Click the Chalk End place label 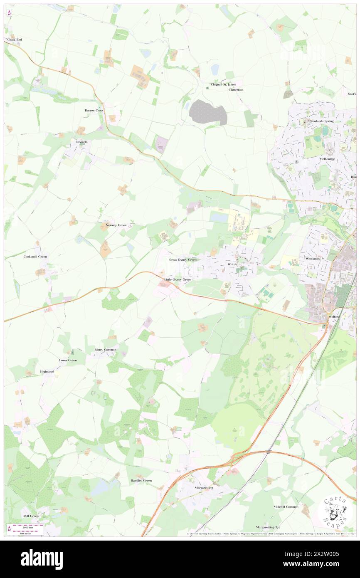(x=14, y=40)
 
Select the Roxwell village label (x=81, y=142)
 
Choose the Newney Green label (x=116, y=225)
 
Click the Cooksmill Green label (x=35, y=257)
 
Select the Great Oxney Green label (x=182, y=259)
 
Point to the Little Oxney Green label (x=178, y=279)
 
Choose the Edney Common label (x=105, y=350)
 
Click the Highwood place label (x=47, y=371)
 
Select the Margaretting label (x=204, y=487)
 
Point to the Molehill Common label (x=286, y=506)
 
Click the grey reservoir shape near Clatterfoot (x=208, y=112)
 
